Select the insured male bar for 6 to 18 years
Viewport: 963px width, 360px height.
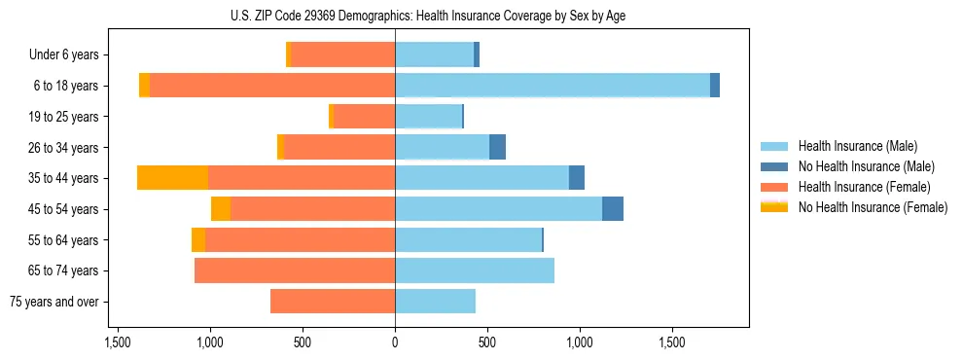click(x=552, y=86)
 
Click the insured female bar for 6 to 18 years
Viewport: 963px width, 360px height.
click(x=272, y=86)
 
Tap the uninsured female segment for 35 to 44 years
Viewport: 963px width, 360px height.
click(x=172, y=178)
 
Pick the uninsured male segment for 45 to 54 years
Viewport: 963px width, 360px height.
click(x=613, y=208)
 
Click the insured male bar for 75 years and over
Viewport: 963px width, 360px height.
click(x=435, y=302)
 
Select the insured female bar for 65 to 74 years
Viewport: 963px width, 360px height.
click(x=295, y=270)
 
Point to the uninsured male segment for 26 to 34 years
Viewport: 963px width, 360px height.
click(x=497, y=147)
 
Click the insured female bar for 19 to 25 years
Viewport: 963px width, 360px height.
click(x=364, y=117)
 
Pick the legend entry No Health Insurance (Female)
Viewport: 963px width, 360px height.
click(x=873, y=207)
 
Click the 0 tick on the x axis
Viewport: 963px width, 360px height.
click(x=395, y=343)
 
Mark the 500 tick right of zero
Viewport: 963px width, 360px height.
click(x=487, y=343)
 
